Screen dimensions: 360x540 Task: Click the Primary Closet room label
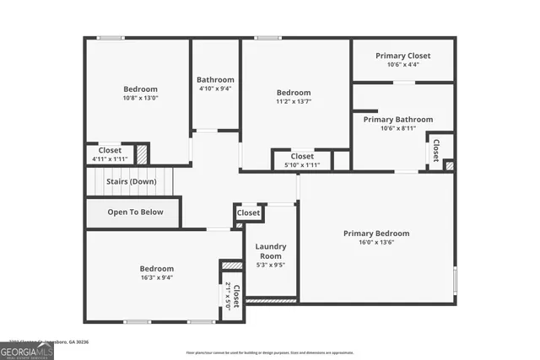coord(402,56)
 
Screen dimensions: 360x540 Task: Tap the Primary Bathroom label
coord(398,120)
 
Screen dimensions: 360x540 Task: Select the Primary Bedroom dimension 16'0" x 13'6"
coord(375,243)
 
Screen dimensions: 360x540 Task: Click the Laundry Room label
coord(271,251)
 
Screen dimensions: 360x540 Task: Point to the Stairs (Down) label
coord(131,181)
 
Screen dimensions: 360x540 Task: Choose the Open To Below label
coord(135,212)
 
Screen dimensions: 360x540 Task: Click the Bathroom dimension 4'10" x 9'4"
coord(215,89)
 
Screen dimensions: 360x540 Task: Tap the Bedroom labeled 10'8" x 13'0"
coord(140,89)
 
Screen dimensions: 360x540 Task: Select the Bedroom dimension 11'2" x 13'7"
coord(294,102)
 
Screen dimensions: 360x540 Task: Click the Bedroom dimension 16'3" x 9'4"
coord(157,277)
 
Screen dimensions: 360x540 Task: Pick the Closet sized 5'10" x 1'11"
coord(302,165)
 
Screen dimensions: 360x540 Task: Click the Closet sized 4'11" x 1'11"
coord(110,159)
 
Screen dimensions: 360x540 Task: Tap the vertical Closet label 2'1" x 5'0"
coord(232,297)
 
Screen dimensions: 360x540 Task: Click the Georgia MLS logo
coord(27,351)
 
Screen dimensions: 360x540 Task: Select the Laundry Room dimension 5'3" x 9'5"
coord(271,265)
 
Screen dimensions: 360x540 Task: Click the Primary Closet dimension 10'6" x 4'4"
coord(402,65)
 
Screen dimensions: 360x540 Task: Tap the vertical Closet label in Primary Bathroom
coord(436,150)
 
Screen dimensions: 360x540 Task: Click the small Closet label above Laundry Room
coord(249,213)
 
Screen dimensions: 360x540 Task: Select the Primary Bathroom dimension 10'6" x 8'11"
coord(398,129)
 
